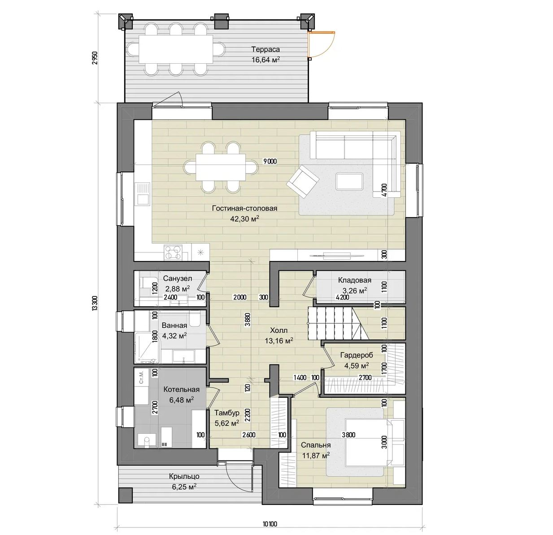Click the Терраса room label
click(x=266, y=49)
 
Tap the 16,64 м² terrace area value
click(x=266, y=60)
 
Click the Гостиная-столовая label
click(x=244, y=208)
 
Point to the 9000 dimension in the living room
click(x=270, y=161)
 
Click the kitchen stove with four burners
click(x=174, y=252)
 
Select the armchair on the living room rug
click(x=303, y=182)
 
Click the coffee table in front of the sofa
click(x=349, y=182)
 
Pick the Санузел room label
click(x=178, y=278)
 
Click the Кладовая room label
click(x=355, y=280)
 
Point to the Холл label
click(x=279, y=331)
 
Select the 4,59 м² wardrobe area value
click(x=357, y=365)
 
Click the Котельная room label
click(x=181, y=390)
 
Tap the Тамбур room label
click(x=227, y=413)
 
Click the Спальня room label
click(x=316, y=445)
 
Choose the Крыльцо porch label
click(x=184, y=476)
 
